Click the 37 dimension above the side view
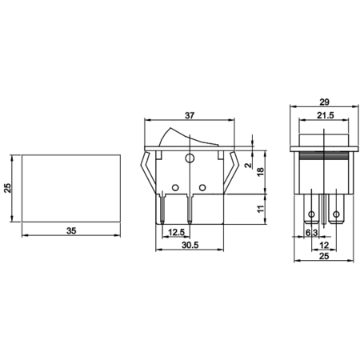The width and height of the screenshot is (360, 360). [x=190, y=115]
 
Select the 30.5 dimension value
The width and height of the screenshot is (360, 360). [x=190, y=245]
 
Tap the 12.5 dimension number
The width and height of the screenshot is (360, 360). [x=176, y=232]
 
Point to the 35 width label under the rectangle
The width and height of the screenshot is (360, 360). [x=71, y=230]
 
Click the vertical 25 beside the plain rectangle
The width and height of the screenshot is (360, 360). [x=8, y=188]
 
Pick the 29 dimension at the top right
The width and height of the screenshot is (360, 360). [x=324, y=102]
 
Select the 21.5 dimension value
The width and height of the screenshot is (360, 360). [x=326, y=115]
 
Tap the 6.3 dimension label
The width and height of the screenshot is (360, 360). [x=312, y=233]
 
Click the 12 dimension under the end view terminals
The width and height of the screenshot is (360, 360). [x=324, y=245]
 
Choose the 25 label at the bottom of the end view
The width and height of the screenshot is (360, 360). [x=324, y=256]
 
